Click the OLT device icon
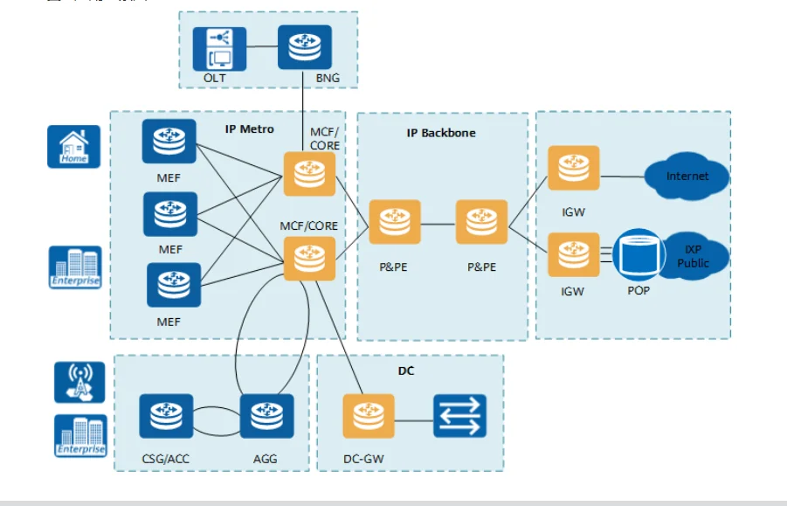pos(219,48)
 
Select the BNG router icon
pos(305,48)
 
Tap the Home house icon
pos(74,147)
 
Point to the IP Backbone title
pos(441,133)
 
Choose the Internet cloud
pos(687,177)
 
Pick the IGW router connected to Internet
pos(574,168)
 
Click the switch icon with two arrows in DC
pos(459,416)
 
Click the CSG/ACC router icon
pos(166,416)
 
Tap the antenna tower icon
pos(79,382)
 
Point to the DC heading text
pos(406,371)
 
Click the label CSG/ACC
pos(166,458)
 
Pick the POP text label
pos(639,290)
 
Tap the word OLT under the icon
pos(215,79)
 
